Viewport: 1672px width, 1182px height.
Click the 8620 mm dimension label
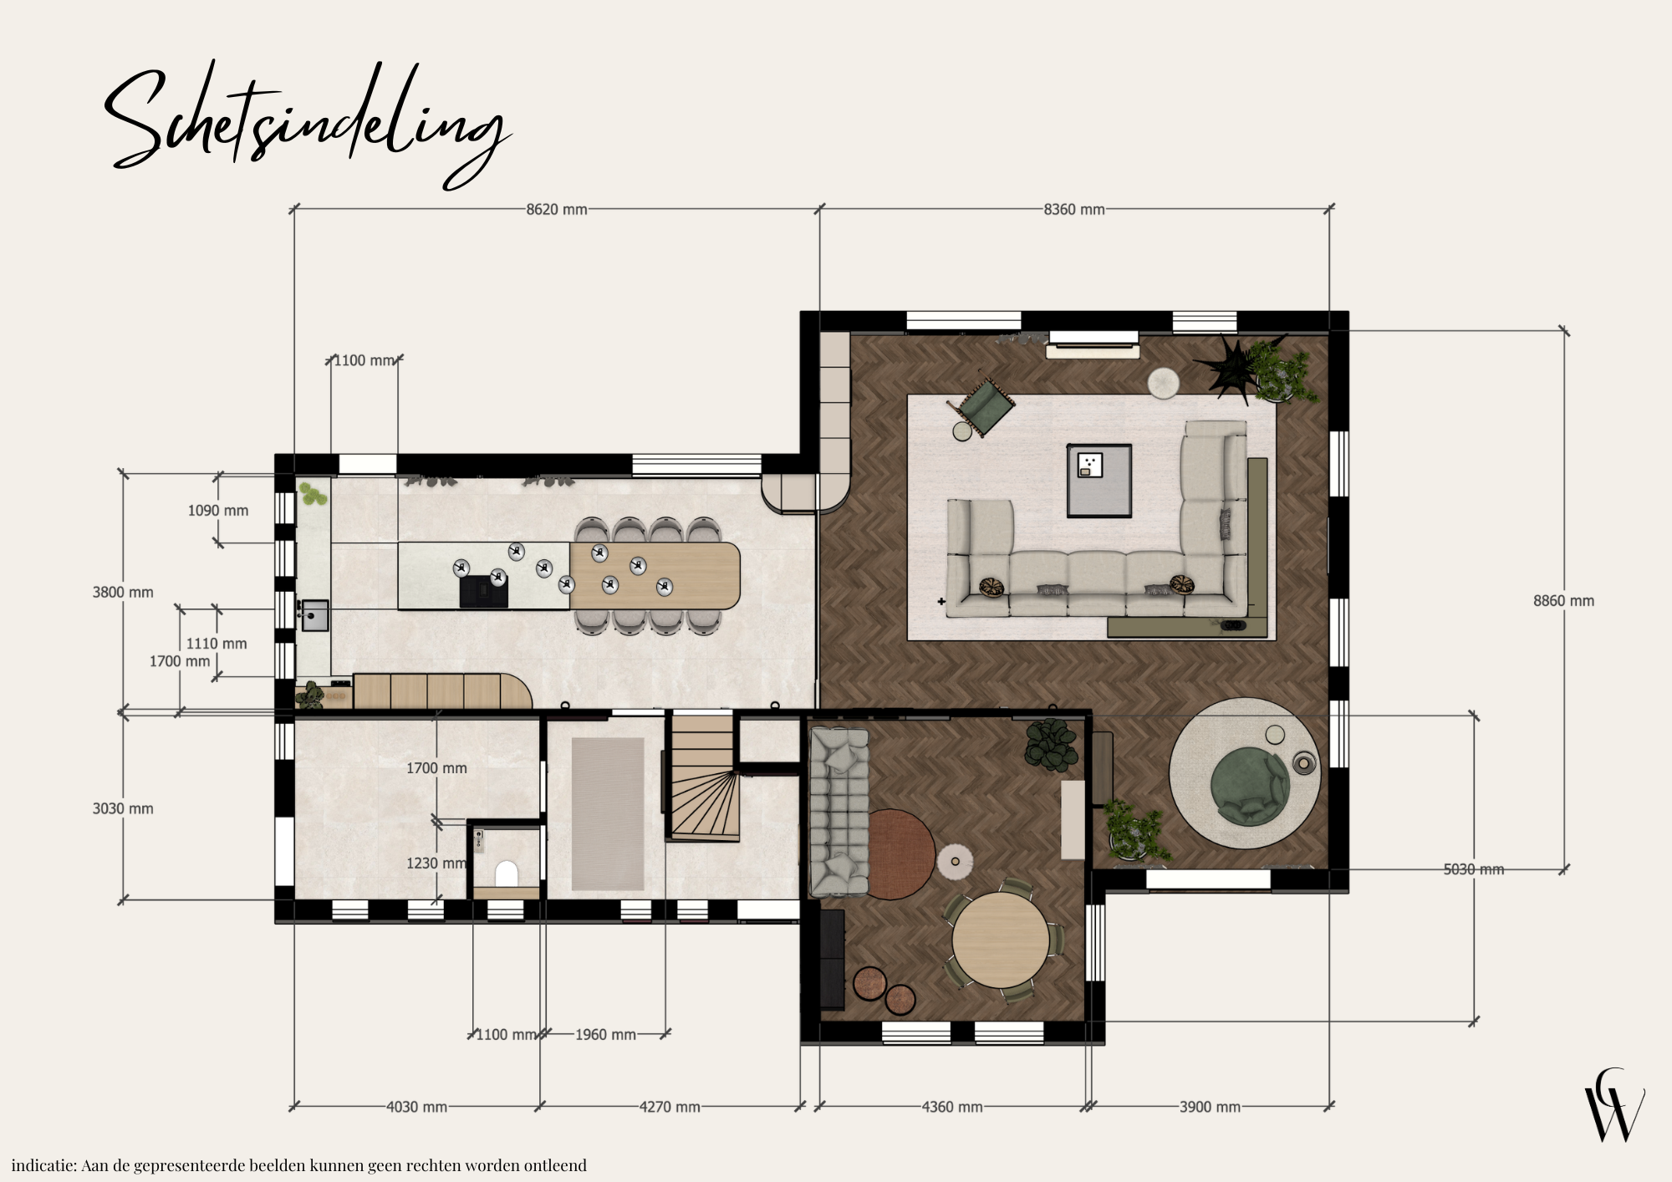[556, 209]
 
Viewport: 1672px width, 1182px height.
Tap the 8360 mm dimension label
[1074, 209]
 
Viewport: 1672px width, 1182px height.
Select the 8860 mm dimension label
[1563, 601]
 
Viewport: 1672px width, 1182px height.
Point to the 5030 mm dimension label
[1474, 869]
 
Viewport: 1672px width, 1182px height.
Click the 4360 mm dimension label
[952, 1107]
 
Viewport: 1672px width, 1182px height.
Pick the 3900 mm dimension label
[1210, 1107]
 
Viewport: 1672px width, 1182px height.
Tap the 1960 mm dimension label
[605, 1035]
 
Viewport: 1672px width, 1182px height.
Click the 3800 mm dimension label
[123, 593]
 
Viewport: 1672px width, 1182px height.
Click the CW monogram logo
[1614, 1105]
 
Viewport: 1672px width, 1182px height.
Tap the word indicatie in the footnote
[43, 1165]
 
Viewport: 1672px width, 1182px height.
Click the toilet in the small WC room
[507, 874]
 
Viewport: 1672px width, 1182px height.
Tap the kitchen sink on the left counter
[315, 615]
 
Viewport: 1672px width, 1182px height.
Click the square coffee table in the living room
[1099, 481]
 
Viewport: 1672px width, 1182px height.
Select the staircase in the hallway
[702, 776]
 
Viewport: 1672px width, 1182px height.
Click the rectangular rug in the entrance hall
[608, 814]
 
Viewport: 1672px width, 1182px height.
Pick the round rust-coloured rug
[901, 853]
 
